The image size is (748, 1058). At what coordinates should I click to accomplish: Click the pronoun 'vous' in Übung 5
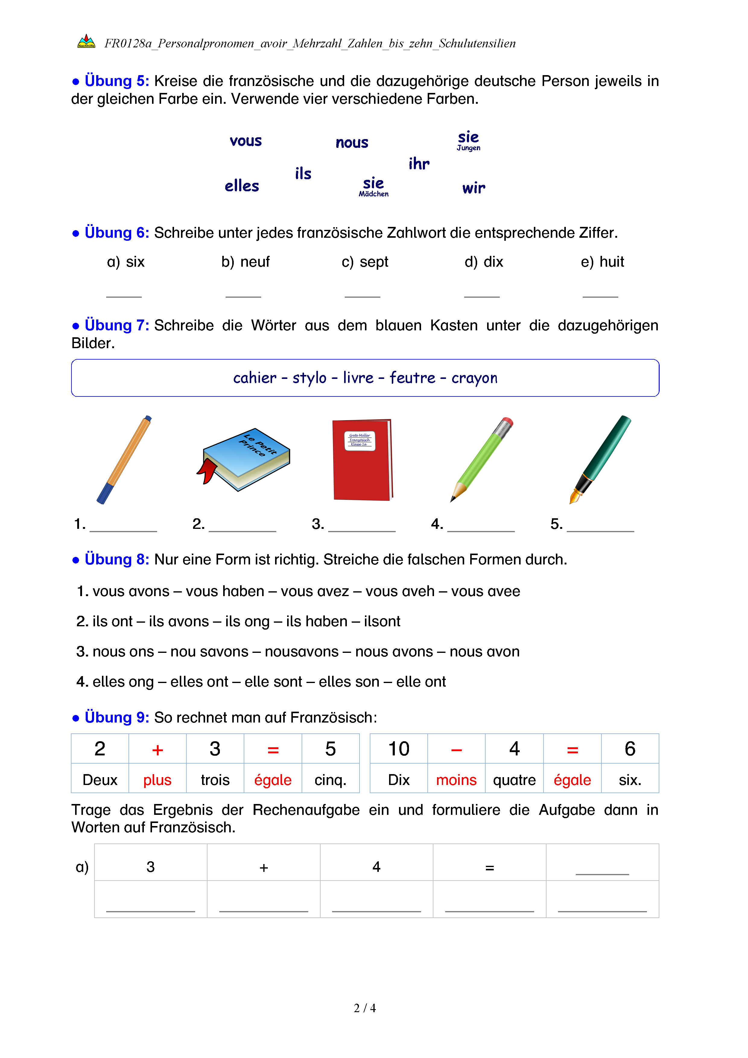tap(246, 141)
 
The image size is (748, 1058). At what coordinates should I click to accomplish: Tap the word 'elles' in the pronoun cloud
tap(242, 186)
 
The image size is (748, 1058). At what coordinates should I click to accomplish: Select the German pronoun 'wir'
tap(474, 188)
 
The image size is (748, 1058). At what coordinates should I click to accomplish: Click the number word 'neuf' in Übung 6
tap(255, 262)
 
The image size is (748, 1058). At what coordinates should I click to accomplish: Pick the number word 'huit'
tap(612, 262)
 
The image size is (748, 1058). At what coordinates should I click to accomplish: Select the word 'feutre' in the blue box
tap(412, 378)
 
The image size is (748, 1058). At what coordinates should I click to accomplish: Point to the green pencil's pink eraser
tap(507, 423)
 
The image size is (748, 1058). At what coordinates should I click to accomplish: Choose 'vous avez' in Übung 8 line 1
tap(315, 591)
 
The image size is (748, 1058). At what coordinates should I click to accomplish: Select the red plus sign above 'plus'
tap(157, 750)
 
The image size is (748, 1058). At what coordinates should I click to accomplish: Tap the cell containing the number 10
tap(398, 749)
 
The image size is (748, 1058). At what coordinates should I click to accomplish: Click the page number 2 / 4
tap(364, 1008)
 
